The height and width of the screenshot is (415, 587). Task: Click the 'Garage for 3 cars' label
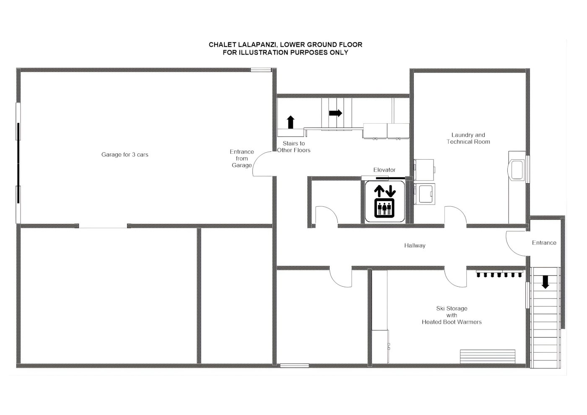coord(125,155)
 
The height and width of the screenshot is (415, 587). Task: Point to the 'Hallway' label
coord(415,246)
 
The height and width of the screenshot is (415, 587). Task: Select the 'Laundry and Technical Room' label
coord(468,138)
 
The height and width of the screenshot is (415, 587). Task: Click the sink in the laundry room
coord(517,170)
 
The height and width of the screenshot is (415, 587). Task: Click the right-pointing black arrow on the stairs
coord(336,113)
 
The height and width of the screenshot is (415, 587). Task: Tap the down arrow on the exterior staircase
coord(545,282)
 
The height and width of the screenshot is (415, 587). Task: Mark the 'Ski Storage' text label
coord(452,309)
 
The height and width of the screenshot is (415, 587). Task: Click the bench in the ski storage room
coord(487,356)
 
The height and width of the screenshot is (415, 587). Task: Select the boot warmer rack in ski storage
coord(499,273)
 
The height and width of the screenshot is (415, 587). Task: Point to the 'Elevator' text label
coord(384,170)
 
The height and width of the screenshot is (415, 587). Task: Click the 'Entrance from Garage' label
coord(242,158)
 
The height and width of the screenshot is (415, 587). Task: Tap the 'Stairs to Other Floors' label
coord(293,147)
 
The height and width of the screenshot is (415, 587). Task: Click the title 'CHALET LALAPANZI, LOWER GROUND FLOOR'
coord(286,44)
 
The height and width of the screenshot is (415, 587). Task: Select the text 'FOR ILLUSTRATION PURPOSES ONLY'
coord(286,52)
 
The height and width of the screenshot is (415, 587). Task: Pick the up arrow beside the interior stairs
coord(290,122)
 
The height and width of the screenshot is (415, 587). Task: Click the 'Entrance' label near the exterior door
coord(544,243)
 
